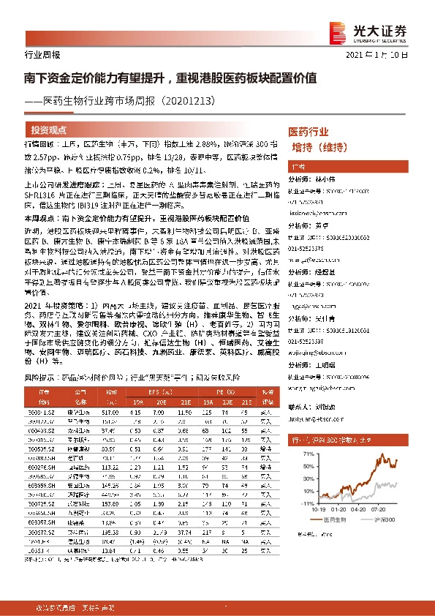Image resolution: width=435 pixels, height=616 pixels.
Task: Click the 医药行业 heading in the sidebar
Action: click(309, 132)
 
